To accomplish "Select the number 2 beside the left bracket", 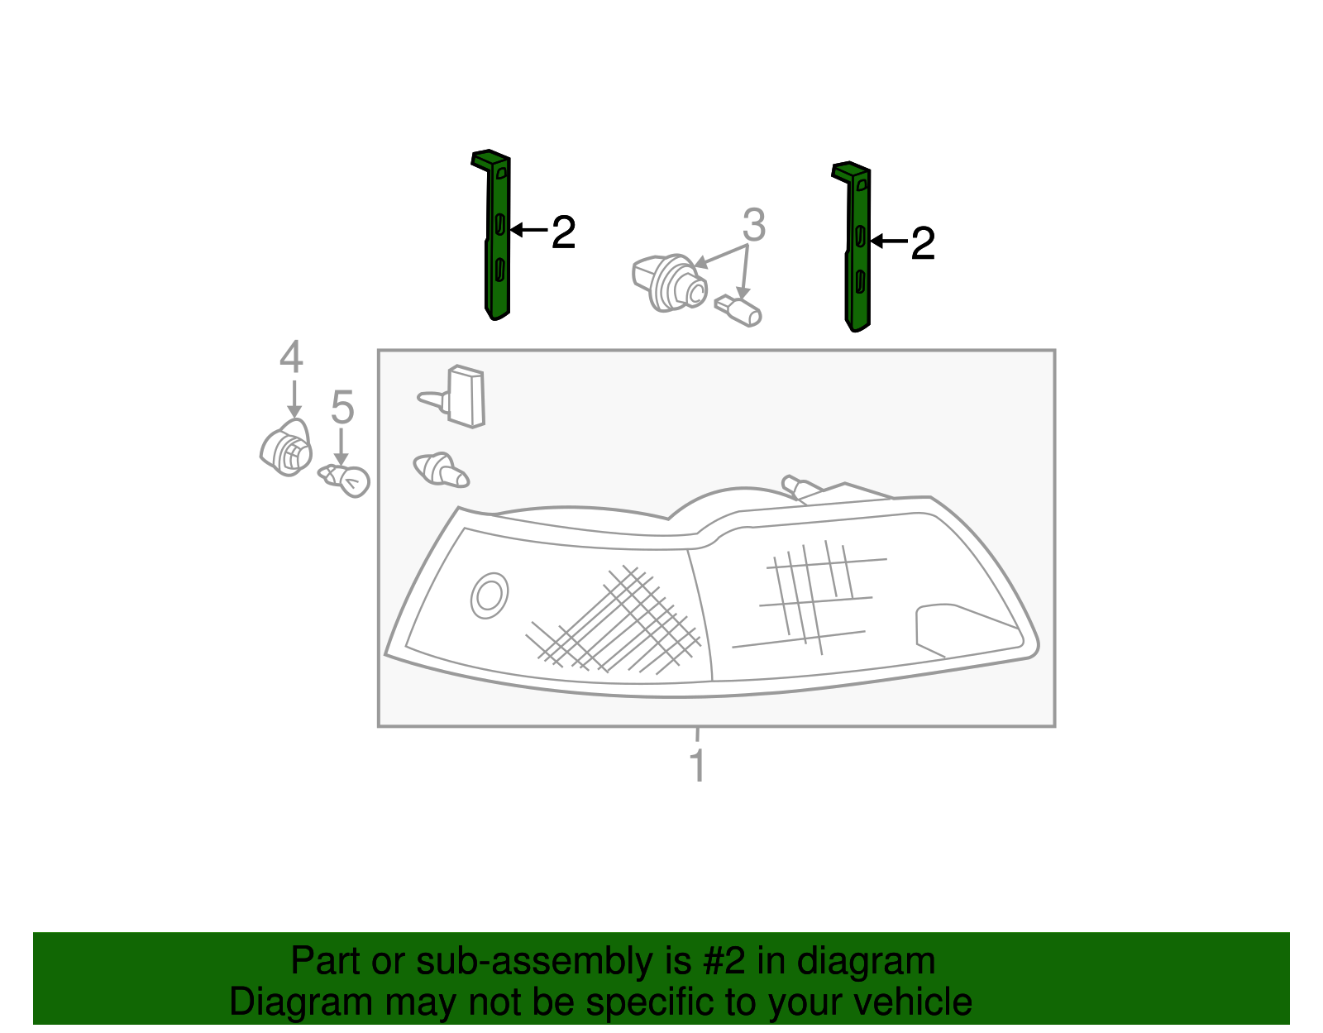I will point(563,232).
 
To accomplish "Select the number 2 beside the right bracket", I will point(923,244).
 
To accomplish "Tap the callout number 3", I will point(753,225).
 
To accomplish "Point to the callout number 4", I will point(291,357).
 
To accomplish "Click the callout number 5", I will point(342,408).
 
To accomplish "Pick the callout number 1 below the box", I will point(698,766).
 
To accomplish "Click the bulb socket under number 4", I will point(286,449).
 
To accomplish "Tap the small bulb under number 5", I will point(346,479).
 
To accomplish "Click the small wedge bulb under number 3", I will point(738,310).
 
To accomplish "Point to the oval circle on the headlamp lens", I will point(489,595).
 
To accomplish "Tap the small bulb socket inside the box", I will point(441,470).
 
